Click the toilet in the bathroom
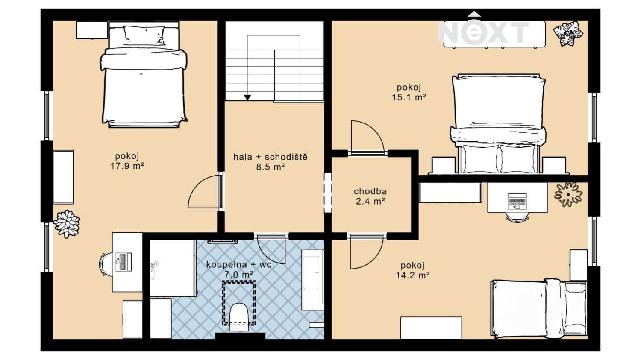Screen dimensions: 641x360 tap(238, 317)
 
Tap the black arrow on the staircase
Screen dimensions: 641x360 tap(247, 97)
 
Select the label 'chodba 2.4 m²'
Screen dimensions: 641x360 tap(370, 196)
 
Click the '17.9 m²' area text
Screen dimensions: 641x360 tap(127, 166)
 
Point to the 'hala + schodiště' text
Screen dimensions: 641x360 tap(271, 157)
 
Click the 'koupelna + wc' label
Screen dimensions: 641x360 tap(238, 264)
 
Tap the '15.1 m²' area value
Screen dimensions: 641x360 tap(409, 97)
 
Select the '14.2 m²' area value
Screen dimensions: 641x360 tap(413, 275)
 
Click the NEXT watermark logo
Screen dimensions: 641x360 tap(484, 30)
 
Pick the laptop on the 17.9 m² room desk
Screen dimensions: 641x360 tap(123, 262)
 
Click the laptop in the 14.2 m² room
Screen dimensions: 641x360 tap(517, 201)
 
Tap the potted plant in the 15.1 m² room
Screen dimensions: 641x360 tap(568, 33)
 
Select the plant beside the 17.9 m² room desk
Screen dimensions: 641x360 tap(67, 224)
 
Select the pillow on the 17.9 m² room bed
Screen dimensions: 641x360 tap(144, 35)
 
